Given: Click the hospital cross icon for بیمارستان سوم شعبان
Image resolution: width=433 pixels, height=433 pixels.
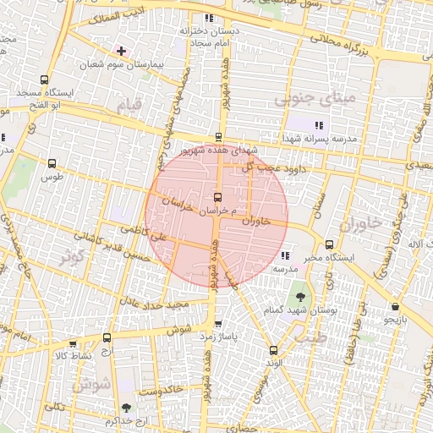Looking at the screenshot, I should point(121,51).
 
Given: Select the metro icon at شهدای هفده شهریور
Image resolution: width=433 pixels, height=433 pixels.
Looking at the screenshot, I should point(219,136).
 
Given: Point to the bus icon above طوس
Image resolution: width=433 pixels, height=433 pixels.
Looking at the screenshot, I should point(52,164).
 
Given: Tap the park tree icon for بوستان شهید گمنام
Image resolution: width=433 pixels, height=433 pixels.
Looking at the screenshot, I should point(299,297).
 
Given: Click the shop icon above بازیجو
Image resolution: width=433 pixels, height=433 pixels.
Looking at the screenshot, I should point(395,306).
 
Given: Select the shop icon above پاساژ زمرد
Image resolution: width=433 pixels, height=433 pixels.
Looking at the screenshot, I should point(218,323).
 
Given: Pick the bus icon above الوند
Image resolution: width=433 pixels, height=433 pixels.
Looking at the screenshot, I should point(272,350).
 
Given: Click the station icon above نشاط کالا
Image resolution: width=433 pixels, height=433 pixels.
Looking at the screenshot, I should point(72,344).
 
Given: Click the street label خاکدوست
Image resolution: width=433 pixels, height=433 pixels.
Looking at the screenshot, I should point(161,392).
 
